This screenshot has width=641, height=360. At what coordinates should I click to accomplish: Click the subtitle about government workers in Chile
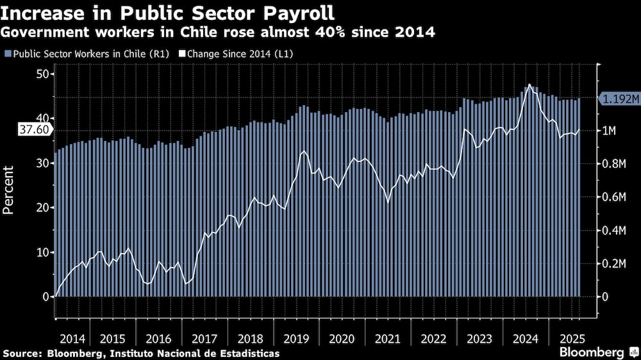[x=219, y=32]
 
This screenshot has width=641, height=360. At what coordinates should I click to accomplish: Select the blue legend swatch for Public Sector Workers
[x=7, y=54]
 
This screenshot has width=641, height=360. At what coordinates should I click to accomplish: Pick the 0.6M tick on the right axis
[x=612, y=197]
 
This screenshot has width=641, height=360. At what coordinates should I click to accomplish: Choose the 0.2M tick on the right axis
[x=612, y=263]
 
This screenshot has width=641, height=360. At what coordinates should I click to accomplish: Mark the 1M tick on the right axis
[x=608, y=131]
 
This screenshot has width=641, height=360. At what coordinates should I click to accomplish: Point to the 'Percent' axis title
[x=10, y=189]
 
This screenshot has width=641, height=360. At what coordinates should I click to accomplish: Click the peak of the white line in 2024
[x=529, y=85]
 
